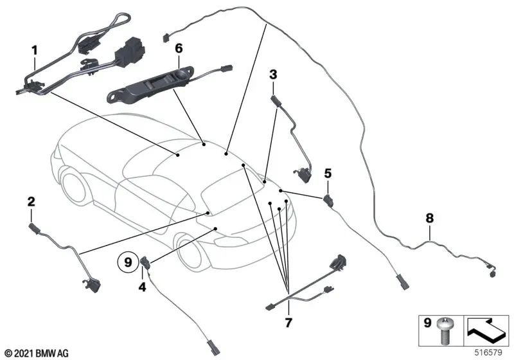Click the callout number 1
point(35,51)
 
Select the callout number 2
point(31,201)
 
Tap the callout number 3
point(273,75)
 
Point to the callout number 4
point(142,287)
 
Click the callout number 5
point(328,173)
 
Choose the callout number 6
point(179,48)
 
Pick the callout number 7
point(288,323)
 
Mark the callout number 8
point(429,218)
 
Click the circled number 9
point(128,262)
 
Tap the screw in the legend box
point(444,331)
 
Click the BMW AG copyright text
point(37,354)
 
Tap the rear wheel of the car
point(74,186)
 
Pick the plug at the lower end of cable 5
point(403,283)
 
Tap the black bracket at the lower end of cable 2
point(93,285)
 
